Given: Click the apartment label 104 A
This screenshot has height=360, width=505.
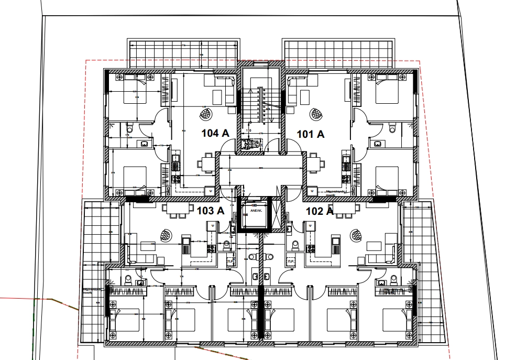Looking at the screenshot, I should coord(215,134).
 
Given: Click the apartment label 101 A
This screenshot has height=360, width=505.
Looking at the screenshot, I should coord(311,134).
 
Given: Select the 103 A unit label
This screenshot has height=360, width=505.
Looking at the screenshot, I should coord(210,211).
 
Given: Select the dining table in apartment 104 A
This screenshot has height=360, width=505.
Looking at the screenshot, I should coord(208,164).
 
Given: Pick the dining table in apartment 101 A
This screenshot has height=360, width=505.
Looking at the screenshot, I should coord(314,164).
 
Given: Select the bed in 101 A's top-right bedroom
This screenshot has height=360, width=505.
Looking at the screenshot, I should coord(388,94).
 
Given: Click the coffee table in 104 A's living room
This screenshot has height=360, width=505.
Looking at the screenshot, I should coord(217,97).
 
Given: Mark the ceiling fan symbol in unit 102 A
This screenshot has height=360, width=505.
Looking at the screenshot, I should coord(356,235).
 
